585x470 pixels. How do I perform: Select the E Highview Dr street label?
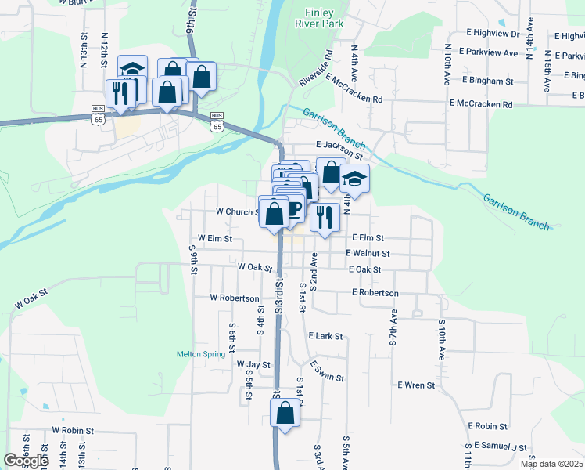pos(493,34)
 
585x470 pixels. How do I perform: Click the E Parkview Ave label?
pos(489,52)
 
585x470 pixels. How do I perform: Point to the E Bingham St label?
pos(487,81)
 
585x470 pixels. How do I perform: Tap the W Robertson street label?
pos(234,298)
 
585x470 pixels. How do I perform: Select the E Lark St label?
pos(325,336)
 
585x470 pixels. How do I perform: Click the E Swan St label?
pos(327,372)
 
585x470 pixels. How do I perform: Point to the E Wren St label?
pos(415,385)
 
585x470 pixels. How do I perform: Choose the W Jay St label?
pos(253,365)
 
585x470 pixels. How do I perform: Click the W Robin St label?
pos(73,431)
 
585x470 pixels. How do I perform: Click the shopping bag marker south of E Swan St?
pos(285,413)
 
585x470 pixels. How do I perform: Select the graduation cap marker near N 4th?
pos(354,179)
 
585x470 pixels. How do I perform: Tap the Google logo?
pos(26,461)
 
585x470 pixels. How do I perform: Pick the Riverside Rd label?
pos(315,69)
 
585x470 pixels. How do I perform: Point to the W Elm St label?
pos(215,237)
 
